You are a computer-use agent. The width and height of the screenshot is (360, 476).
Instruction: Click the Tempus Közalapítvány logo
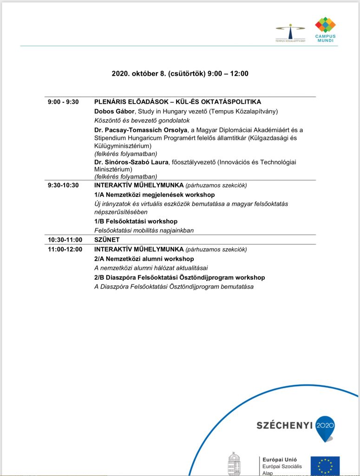pos(290,33)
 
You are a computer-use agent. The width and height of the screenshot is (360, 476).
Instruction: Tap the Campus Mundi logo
pos(325,29)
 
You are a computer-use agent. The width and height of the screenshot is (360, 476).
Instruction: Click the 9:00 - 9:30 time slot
pos(63,102)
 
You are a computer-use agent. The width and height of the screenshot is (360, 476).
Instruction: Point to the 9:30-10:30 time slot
pos(63,185)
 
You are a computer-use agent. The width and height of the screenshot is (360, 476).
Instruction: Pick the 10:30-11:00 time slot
pos(65,240)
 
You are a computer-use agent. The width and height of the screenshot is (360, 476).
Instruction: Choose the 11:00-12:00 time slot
pos(65,249)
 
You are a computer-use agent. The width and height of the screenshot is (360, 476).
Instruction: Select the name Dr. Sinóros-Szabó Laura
pos(131,162)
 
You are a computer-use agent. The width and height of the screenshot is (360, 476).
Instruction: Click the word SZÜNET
pos(107,240)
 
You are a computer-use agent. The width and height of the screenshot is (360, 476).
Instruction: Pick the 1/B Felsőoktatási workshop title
pos(136,221)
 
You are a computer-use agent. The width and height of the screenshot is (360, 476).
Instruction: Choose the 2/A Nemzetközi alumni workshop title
pos(144,258)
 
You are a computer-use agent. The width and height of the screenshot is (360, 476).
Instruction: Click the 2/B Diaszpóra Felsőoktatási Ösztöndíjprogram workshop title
pos(179,278)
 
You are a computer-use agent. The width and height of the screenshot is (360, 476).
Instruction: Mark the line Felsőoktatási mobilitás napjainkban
pos(144,230)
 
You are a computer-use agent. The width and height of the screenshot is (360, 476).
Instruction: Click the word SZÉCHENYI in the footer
pos(285,425)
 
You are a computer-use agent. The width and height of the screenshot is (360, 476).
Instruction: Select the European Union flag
pos(325,466)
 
